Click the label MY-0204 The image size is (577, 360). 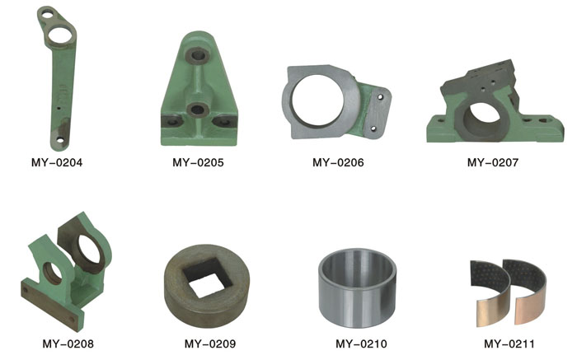[x=57, y=162]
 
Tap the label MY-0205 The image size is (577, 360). [x=198, y=162]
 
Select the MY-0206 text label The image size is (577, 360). [x=338, y=162]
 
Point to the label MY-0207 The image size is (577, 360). [x=493, y=162]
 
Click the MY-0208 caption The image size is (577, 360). [x=68, y=344]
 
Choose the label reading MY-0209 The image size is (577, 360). [x=210, y=344]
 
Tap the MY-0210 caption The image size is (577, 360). [x=361, y=344]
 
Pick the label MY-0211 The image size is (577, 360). [x=509, y=344]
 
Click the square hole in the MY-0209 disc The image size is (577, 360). [x=207, y=278]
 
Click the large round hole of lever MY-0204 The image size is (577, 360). [x=61, y=35]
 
